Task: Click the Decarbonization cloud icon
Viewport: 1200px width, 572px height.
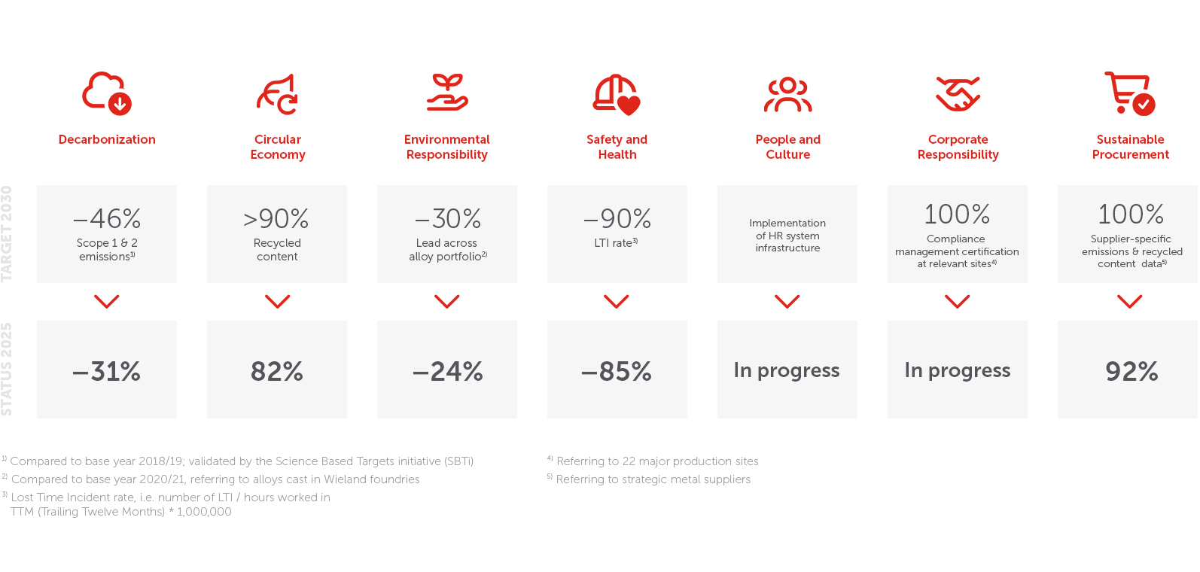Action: [107, 93]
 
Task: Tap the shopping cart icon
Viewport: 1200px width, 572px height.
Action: [1130, 93]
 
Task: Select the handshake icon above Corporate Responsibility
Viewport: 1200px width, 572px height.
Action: [958, 94]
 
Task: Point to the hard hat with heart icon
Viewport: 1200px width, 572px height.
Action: [617, 94]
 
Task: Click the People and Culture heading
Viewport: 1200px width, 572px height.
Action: [787, 147]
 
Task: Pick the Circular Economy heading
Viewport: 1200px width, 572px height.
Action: [278, 147]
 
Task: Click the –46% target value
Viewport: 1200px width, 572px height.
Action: [107, 218]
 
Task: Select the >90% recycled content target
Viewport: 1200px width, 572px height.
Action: [276, 218]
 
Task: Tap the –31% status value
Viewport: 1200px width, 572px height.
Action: [107, 371]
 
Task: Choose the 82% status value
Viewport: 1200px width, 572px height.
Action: [277, 371]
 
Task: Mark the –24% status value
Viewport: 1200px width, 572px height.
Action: [447, 371]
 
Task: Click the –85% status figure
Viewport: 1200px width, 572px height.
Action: [617, 371]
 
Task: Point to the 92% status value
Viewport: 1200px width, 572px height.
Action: [1132, 371]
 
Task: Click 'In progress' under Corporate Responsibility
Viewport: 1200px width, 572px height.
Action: [958, 370]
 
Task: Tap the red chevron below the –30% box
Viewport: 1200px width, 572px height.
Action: [446, 301]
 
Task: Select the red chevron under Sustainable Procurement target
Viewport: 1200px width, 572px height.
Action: [1130, 301]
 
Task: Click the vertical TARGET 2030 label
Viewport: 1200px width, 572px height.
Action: [7, 233]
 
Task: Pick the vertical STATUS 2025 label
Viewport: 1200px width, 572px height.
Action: [7, 370]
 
